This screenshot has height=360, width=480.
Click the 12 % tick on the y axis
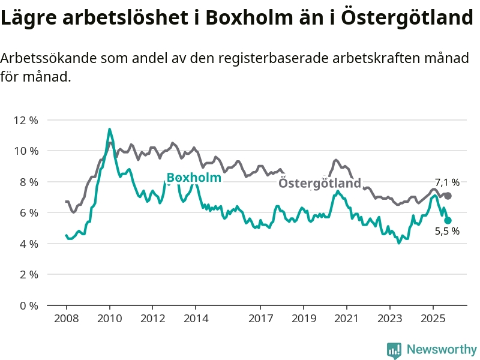25,120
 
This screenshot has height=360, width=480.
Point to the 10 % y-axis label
25,151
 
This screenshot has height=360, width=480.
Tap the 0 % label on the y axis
28,305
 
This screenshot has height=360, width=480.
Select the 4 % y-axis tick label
28,244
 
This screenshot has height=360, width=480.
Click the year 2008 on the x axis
66,318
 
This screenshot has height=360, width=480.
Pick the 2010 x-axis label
109,318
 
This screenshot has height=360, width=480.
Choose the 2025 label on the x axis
433,318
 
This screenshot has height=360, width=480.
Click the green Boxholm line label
194,178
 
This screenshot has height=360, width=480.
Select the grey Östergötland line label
320,183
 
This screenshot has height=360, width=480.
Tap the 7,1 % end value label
447,182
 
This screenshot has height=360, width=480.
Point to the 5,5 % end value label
447,232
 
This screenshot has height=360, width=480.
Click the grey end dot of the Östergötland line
448,196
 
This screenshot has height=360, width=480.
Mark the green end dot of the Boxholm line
448,220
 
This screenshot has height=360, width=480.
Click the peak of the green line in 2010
109,129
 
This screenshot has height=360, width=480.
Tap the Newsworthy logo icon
394,350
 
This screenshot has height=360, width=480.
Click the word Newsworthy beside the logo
442,349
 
